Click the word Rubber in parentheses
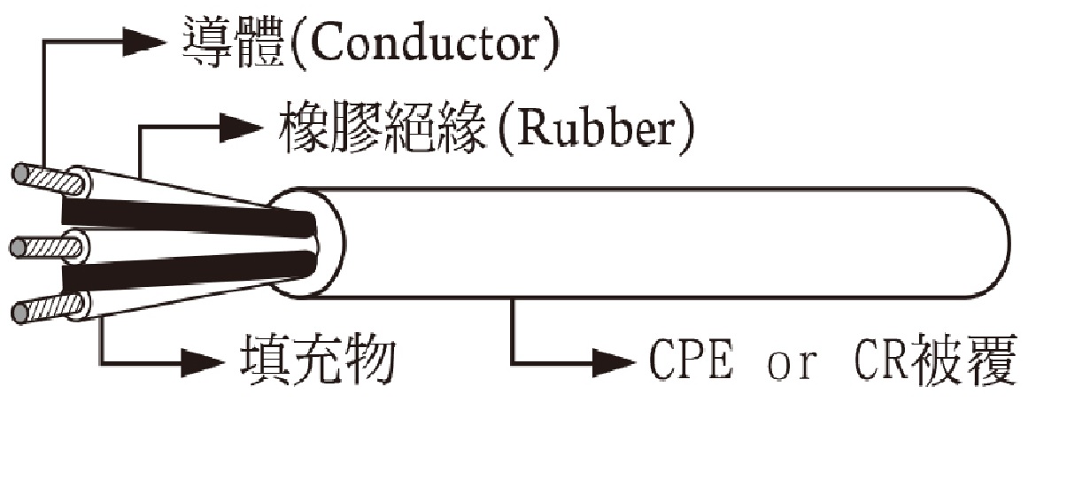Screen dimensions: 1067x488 (x=597, y=128)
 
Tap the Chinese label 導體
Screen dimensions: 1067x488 (x=234, y=43)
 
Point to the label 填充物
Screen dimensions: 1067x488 (x=318, y=360)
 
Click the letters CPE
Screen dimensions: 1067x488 (x=692, y=360)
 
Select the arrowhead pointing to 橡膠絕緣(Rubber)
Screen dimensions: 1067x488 (x=241, y=128)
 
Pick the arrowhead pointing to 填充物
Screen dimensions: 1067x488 (x=203, y=363)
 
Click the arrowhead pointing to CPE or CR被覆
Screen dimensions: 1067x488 (x=614, y=363)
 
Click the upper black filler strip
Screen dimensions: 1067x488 (x=189, y=217)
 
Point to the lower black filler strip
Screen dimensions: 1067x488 (x=189, y=271)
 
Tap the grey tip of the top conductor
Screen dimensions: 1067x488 (x=20, y=174)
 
